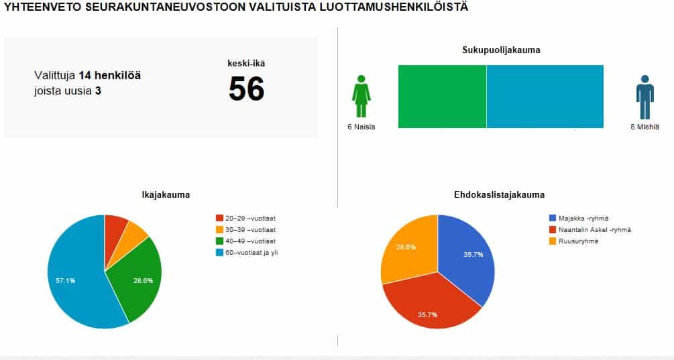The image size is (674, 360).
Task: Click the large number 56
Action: pyautogui.click(x=247, y=89)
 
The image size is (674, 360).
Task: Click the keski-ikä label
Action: pyautogui.click(x=246, y=64)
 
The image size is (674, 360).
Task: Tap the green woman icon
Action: pyautogui.click(x=361, y=97)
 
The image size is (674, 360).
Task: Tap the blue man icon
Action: pyautogui.click(x=644, y=97)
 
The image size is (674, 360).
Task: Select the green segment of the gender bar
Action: pyautogui.click(x=442, y=97)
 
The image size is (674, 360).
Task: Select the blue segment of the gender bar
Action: pyautogui.click(x=545, y=97)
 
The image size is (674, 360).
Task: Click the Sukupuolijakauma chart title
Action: pyautogui.click(x=501, y=50)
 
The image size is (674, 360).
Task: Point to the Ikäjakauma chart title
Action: pyautogui.click(x=166, y=195)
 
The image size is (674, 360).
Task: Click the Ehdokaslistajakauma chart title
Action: pyautogui.click(x=499, y=195)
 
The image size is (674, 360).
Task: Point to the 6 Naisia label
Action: pyautogui.click(x=361, y=127)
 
